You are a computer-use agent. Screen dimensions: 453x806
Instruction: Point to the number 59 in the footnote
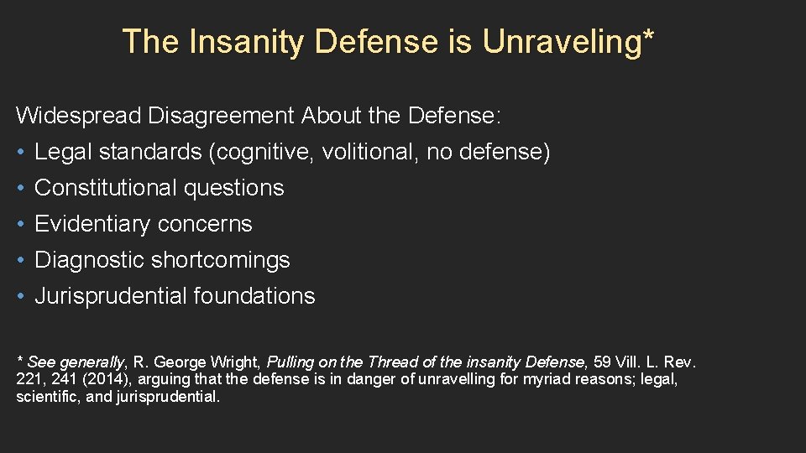602,362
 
